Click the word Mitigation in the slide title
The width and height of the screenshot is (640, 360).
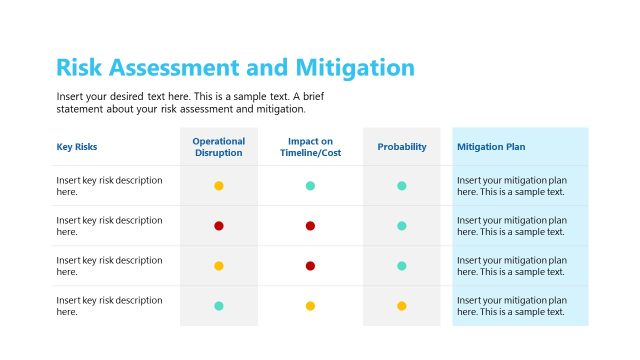[x=355, y=68]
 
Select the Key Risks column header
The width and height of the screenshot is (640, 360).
[x=77, y=147]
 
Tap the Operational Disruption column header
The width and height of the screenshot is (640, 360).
[x=218, y=147]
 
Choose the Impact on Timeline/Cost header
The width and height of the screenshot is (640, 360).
[x=310, y=147]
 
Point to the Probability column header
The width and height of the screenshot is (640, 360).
[x=402, y=147]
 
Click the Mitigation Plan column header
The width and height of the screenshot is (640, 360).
[x=491, y=147]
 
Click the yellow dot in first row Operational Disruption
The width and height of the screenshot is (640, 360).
[x=219, y=186]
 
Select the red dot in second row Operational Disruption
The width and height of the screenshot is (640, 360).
[x=219, y=226]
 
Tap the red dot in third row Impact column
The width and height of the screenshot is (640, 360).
[x=310, y=266]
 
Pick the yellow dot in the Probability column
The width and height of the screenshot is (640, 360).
[x=402, y=306]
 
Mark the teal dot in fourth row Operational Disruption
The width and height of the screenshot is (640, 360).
[x=219, y=306]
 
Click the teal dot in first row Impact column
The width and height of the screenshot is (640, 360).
[x=310, y=186]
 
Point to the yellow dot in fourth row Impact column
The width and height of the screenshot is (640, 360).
[x=310, y=306]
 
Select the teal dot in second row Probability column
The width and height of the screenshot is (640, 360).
[x=402, y=226]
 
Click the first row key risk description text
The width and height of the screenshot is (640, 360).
[x=109, y=186]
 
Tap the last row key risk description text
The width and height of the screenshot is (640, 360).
[x=109, y=306]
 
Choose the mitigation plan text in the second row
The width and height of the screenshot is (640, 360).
[x=512, y=226]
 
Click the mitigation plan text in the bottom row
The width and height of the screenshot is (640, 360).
[x=512, y=306]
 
